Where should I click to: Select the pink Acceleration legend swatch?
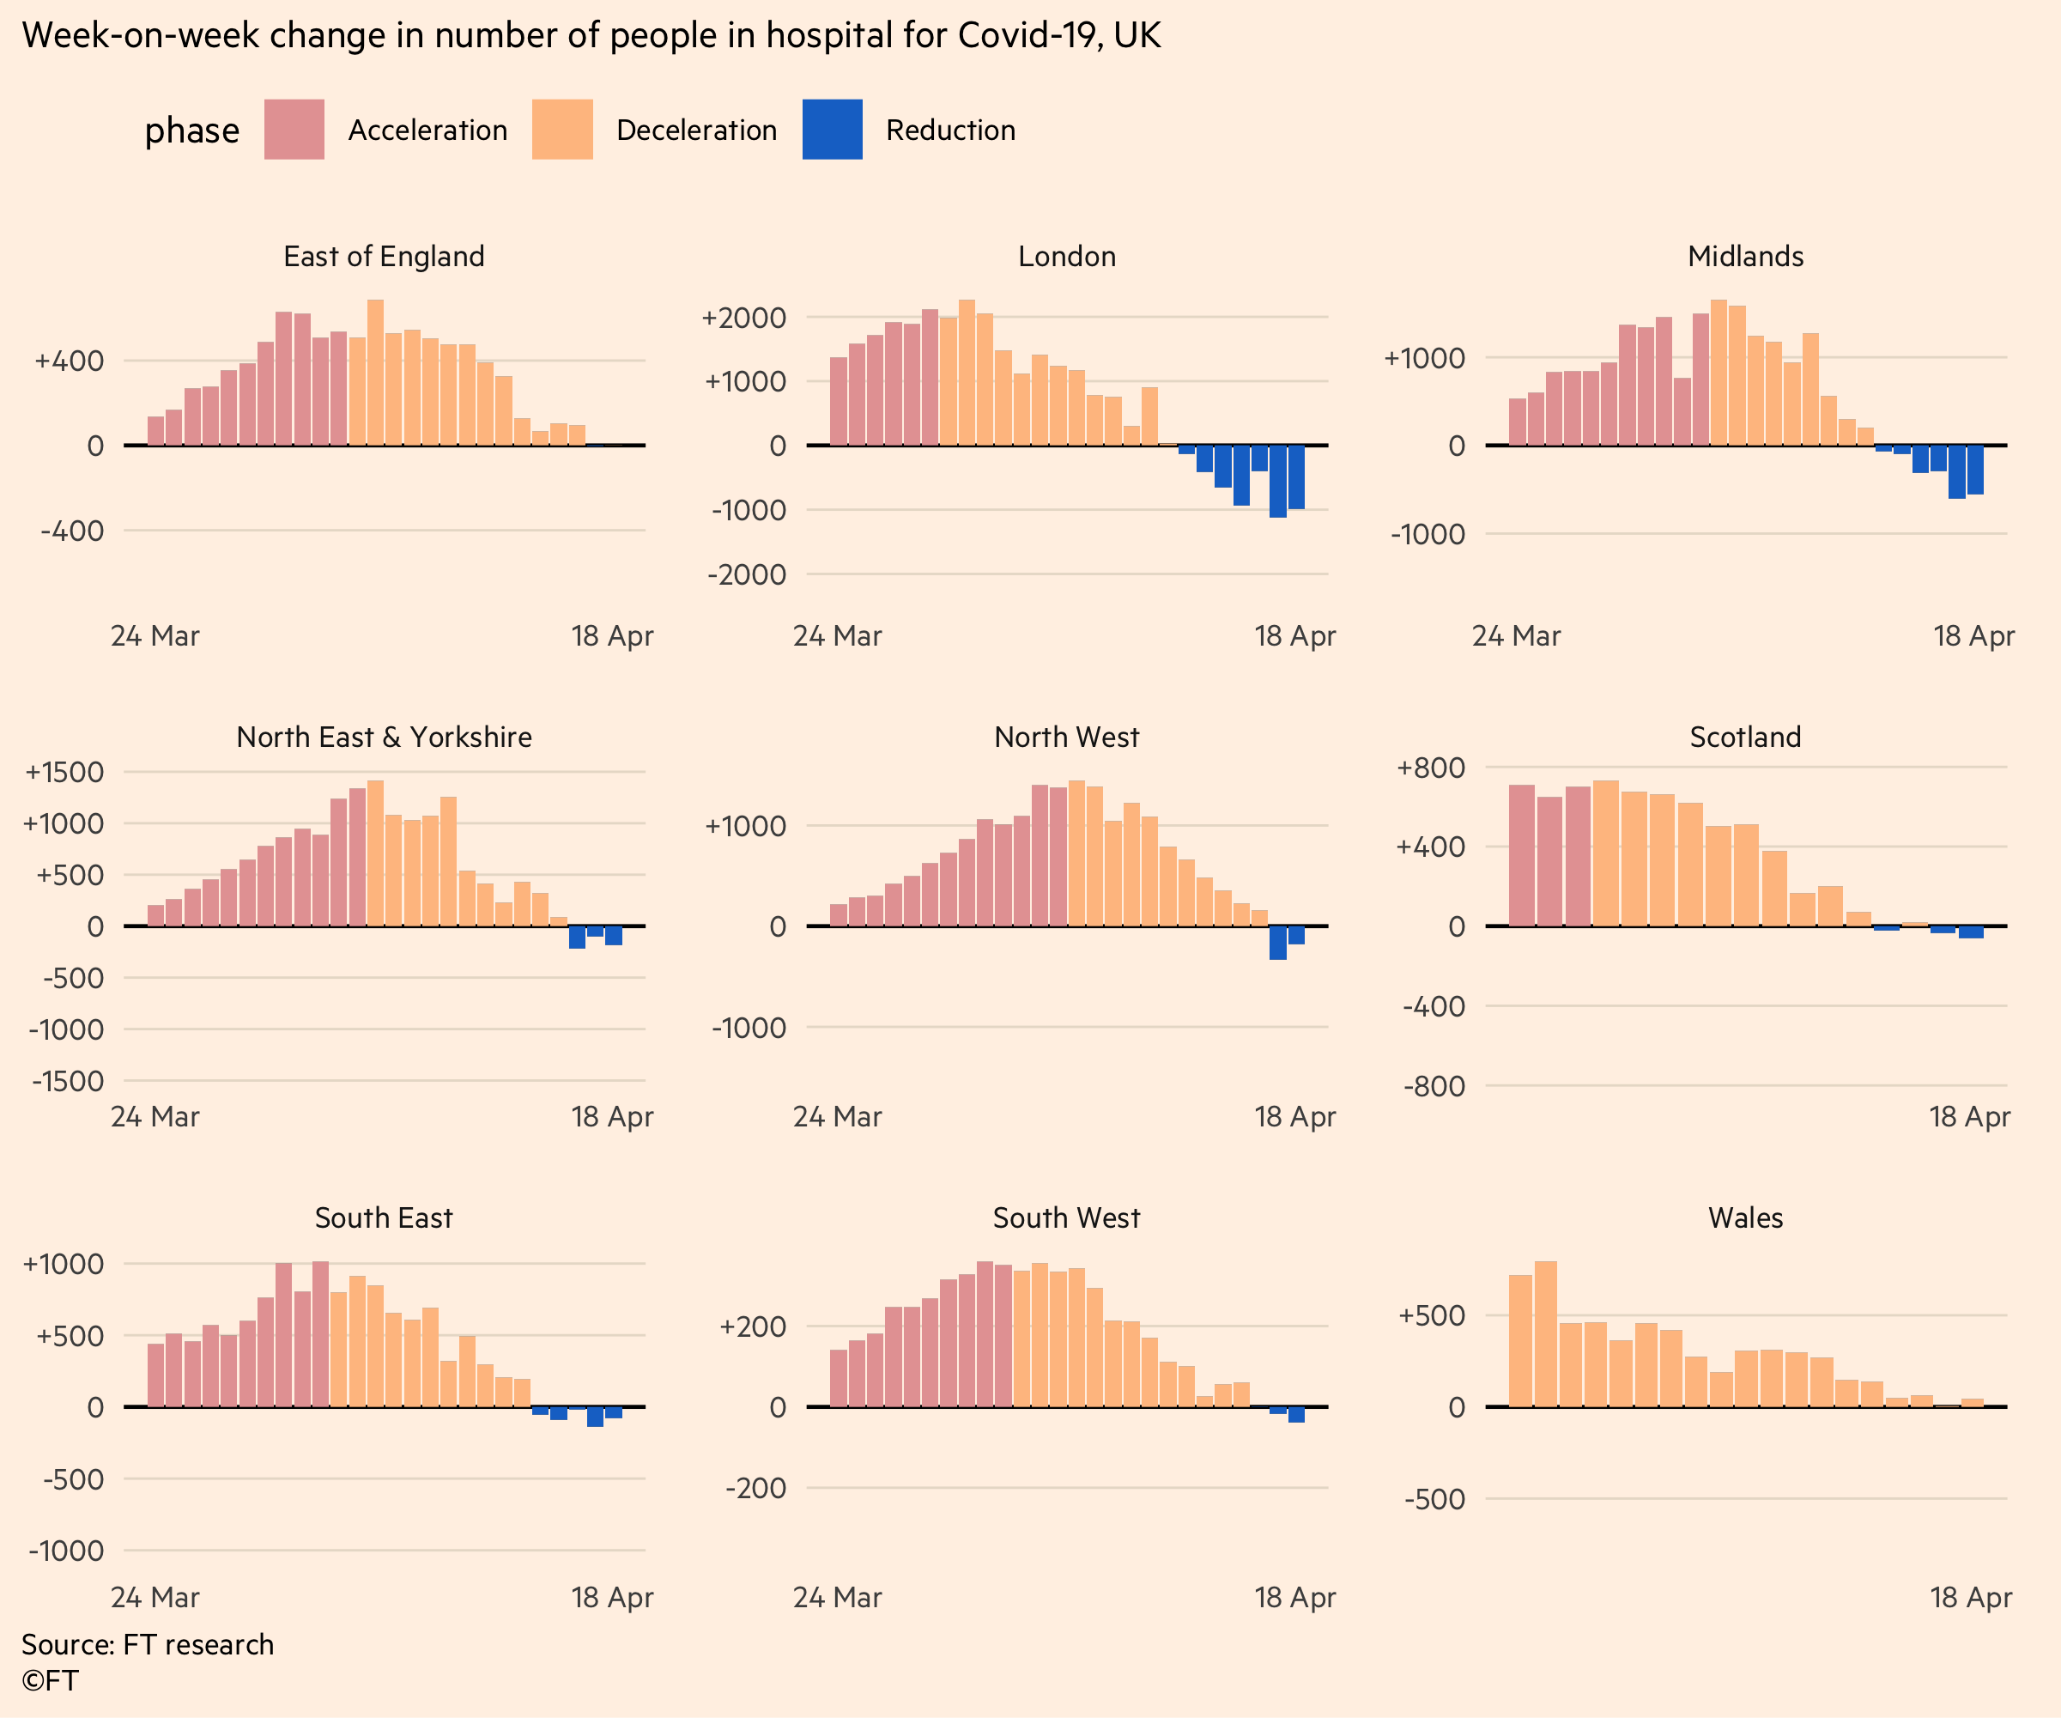click(294, 129)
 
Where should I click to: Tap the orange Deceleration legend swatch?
click(562, 129)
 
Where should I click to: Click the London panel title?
click(1067, 256)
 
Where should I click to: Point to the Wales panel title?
click(1745, 1217)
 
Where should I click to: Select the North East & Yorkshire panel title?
click(384, 737)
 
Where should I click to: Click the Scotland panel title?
click(1745, 737)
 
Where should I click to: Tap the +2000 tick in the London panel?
click(744, 318)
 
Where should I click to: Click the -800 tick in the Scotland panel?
click(1434, 1086)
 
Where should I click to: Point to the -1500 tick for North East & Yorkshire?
click(68, 1081)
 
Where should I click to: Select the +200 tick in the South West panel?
click(753, 1326)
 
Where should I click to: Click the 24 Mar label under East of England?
click(155, 636)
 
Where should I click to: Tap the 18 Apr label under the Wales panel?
click(1970, 1597)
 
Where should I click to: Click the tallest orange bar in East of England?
click(375, 373)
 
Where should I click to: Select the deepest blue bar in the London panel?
click(1276, 481)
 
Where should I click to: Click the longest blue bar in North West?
click(1276, 943)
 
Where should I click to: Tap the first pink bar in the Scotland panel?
click(1521, 854)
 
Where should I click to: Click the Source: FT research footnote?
click(148, 1644)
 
